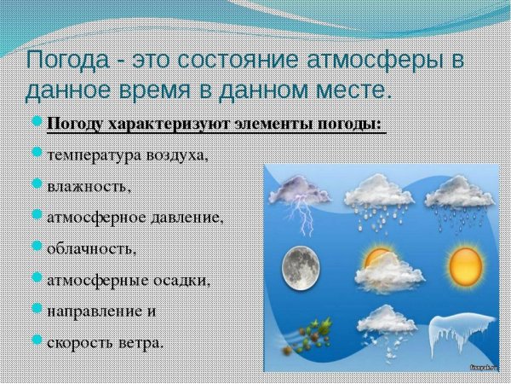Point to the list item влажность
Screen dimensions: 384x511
89,185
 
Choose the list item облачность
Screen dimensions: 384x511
91,248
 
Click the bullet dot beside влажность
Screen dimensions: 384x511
37,183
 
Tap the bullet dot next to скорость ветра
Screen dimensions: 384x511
37,340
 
